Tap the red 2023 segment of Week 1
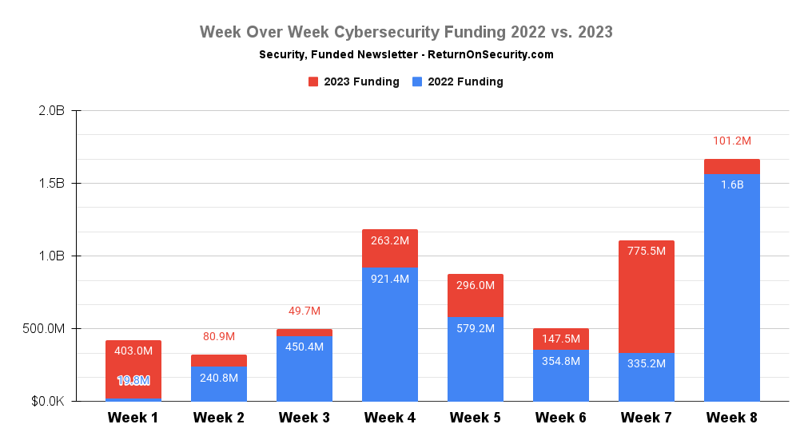pos(133,363)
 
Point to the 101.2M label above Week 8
pos(731,141)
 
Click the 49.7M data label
pos(304,311)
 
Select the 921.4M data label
pos(389,279)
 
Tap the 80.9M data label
pos(218,336)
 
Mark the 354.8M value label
pos(560,360)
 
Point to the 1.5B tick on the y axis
pos(52,183)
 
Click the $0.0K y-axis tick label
pos(48,401)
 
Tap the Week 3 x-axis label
pos(304,418)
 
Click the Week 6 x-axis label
pos(560,418)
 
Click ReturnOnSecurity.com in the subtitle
pos(491,55)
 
